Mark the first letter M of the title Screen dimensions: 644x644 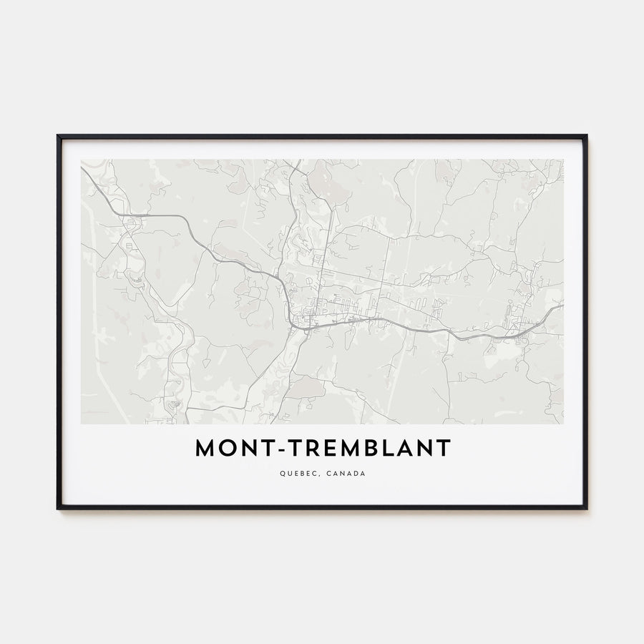pyautogui.click(x=205, y=448)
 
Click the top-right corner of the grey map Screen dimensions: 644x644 pyautogui.click(x=563, y=160)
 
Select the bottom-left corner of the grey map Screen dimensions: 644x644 pyautogui.click(x=81, y=424)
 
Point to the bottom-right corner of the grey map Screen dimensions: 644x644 pyautogui.click(x=563, y=424)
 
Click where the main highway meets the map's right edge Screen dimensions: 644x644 pyautogui.click(x=562, y=306)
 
